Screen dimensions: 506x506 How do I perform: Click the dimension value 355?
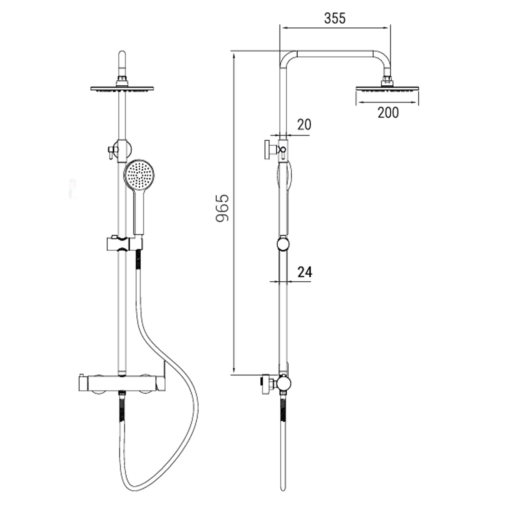click(x=335, y=18)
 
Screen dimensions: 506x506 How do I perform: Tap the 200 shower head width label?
click(x=388, y=113)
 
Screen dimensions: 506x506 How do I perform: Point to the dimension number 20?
click(x=304, y=125)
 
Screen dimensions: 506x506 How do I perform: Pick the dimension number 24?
click(x=305, y=272)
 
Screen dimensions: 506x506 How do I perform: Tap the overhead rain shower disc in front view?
click(x=122, y=89)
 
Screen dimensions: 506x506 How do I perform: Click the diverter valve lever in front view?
click(x=110, y=152)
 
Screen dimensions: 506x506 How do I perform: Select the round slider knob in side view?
click(x=283, y=244)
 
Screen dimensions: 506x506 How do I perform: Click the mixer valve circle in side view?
click(x=283, y=383)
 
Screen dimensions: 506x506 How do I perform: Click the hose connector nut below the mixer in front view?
click(x=122, y=393)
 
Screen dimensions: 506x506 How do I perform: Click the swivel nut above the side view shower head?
click(x=387, y=81)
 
